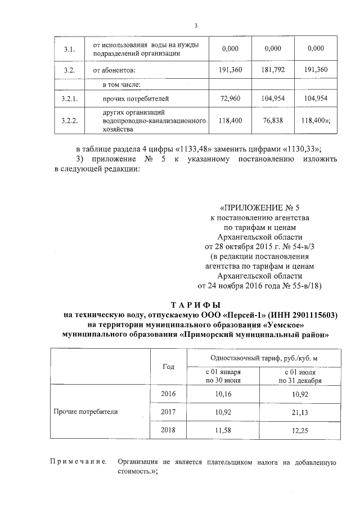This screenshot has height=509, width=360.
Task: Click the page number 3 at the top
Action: coord(196,25)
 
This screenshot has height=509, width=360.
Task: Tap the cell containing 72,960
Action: coord(230,99)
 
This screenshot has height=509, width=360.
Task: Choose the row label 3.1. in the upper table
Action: coord(69,49)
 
